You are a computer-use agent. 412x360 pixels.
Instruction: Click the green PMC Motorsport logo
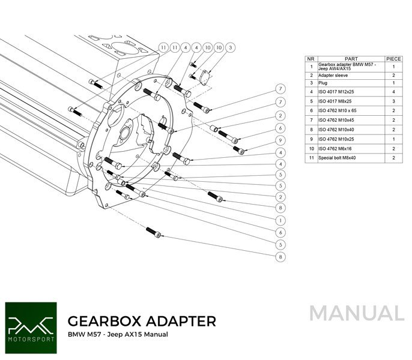pos(30,323)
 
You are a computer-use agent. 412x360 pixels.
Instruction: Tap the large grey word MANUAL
pos(357,313)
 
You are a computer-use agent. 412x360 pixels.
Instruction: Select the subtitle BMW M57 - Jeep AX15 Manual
pos(118,334)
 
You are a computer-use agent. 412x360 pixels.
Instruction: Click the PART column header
pos(351,59)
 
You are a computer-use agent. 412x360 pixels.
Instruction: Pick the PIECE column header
pos(393,59)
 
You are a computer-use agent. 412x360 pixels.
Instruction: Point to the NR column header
pos(311,59)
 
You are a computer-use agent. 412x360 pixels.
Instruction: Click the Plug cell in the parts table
pos(324,83)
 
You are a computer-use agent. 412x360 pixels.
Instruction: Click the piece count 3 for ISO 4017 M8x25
pos(393,101)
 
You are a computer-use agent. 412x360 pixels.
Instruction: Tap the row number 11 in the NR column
pos(311,157)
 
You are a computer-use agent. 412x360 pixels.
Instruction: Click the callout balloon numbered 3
pos(231,47)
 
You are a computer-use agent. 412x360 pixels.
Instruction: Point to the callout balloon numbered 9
pos(280,140)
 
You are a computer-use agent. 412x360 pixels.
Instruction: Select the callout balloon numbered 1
pos(280,220)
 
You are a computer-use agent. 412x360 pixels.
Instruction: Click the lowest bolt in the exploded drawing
pos(154,232)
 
